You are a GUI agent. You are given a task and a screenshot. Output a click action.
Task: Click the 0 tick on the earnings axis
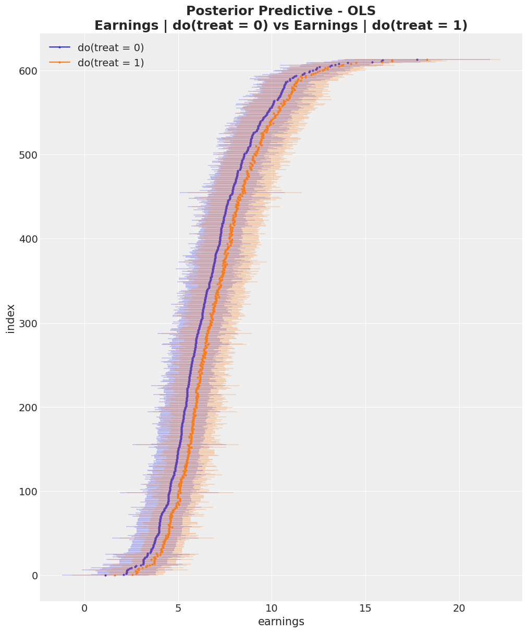pos(84,609)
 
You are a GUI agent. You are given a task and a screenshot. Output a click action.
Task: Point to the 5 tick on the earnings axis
pos(178,609)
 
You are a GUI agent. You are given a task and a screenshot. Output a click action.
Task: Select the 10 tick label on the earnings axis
pos(272,609)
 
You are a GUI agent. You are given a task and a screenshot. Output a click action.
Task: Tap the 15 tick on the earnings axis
pos(365,609)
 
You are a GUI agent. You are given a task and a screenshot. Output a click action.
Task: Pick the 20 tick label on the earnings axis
pos(459,609)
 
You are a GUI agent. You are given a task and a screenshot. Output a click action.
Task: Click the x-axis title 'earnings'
pos(281,622)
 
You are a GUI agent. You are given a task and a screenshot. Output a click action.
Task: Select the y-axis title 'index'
pos(10,318)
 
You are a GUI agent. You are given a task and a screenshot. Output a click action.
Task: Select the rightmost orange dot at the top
pos(427,59)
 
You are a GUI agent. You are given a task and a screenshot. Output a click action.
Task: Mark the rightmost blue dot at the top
pos(417,59)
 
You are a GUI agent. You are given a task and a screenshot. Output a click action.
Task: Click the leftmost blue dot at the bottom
pos(105,575)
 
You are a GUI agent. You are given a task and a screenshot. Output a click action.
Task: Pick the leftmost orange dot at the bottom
pos(115,575)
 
